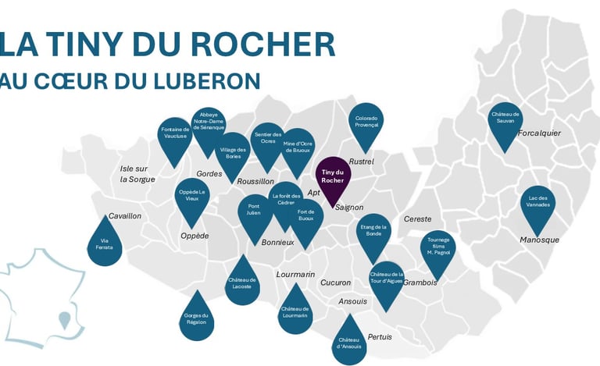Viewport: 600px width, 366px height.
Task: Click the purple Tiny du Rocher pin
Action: coord(333,177)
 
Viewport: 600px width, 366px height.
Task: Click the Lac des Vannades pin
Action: coord(537,204)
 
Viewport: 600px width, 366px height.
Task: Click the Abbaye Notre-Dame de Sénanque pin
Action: coord(209,127)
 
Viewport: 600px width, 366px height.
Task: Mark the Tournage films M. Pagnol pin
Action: coord(437,251)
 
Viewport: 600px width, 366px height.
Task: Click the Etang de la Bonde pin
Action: coord(373,233)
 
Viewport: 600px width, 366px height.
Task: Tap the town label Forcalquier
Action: coord(539,133)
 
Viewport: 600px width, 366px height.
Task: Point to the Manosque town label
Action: coord(539,240)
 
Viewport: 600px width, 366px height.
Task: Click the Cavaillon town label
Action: coord(125,216)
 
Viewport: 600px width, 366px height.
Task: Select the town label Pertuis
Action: coord(380,337)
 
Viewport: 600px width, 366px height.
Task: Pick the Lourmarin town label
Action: coord(295,275)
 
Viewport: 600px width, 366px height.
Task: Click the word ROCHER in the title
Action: coord(261,44)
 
